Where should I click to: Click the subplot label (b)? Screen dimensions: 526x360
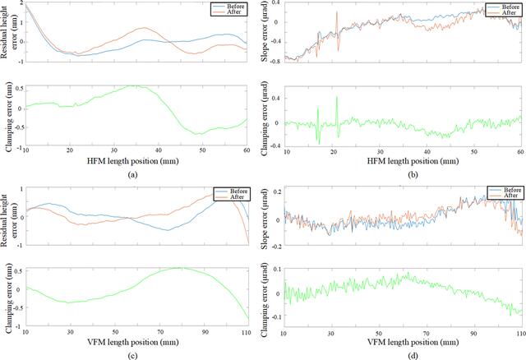click(x=413, y=174)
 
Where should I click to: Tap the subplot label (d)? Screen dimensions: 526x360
click(x=413, y=356)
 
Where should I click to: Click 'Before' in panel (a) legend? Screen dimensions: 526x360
click(x=236, y=7)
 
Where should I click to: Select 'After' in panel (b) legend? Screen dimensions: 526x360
click(x=509, y=13)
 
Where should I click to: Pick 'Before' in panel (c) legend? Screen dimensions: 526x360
click(x=238, y=192)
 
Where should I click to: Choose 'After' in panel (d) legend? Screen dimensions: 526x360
click(x=511, y=196)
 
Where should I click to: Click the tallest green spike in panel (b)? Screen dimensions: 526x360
click(x=337, y=97)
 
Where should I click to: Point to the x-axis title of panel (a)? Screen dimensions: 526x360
click(x=133, y=161)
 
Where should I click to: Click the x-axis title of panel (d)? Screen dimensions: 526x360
click(x=413, y=342)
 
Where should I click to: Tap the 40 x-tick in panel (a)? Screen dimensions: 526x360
click(x=159, y=150)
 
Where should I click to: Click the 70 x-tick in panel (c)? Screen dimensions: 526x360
click(x=160, y=332)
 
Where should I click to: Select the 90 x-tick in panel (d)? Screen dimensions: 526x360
click(x=474, y=334)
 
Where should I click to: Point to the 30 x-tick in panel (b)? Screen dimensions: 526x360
click(x=380, y=152)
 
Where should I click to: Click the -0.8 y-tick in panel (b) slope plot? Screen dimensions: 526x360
click(x=277, y=62)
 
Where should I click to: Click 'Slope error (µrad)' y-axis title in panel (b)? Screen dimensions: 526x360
click(x=265, y=33)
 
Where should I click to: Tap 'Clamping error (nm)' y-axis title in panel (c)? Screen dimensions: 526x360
click(x=9, y=298)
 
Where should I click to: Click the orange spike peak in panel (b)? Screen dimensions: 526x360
click(x=336, y=12)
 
